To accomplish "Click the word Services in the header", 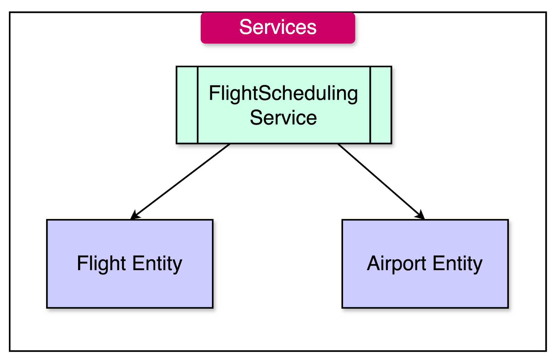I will pyautogui.click(x=278, y=27).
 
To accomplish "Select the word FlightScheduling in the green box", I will pyautogui.click(x=283, y=93).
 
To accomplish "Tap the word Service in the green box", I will pyautogui.click(x=283, y=118).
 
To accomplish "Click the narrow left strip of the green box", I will pyautogui.click(x=187, y=105).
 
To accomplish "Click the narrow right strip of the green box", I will pyautogui.click(x=381, y=105).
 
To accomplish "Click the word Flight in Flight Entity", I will pyautogui.click(x=101, y=263).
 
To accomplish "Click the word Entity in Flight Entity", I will pyautogui.click(x=157, y=264).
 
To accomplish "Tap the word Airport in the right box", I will pyautogui.click(x=396, y=264).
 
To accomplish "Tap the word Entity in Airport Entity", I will pyautogui.click(x=457, y=264).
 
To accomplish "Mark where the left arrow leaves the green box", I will pyautogui.click(x=229, y=144).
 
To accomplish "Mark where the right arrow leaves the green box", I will pyautogui.click(x=339, y=144).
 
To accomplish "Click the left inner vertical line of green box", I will pyautogui.click(x=198, y=105).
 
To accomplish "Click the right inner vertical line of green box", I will pyautogui.click(x=370, y=105).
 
